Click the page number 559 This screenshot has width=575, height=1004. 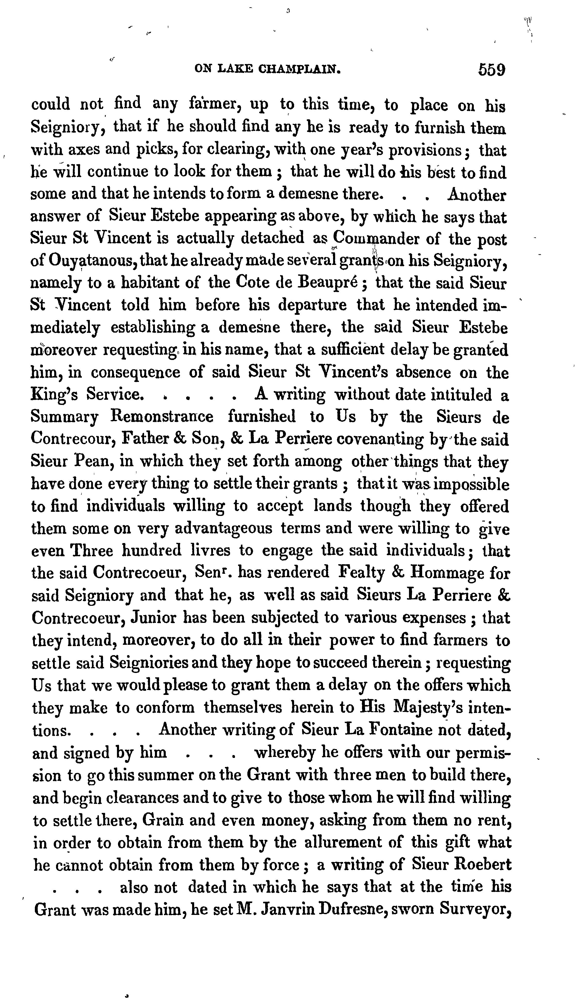coord(492,70)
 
